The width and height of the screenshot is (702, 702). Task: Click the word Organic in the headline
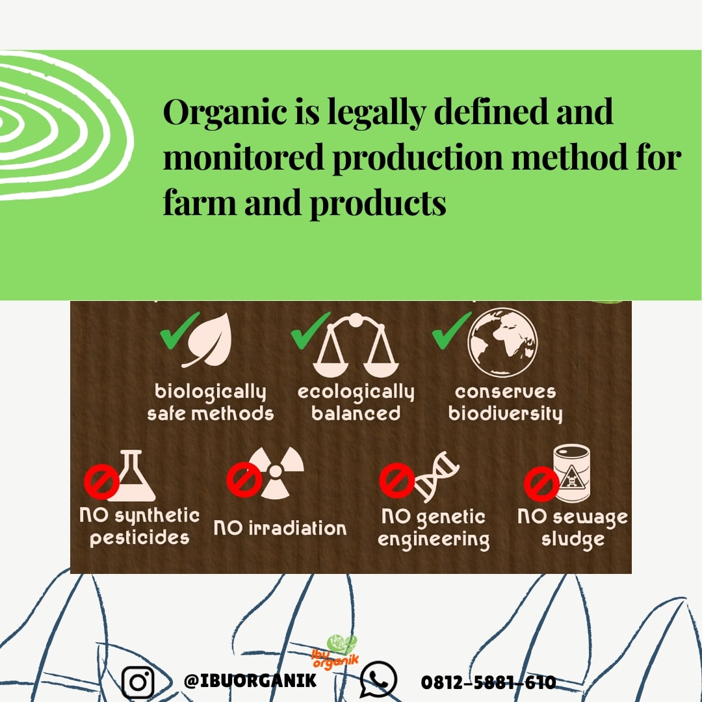[x=225, y=112]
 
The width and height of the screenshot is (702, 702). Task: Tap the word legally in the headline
[x=376, y=113]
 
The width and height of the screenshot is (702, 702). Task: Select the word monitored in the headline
[x=243, y=157]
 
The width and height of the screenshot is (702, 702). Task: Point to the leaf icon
[x=208, y=340]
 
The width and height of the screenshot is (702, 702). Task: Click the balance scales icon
[x=356, y=345]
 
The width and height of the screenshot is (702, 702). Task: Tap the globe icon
[x=502, y=343]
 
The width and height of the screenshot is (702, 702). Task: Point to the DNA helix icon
[x=436, y=476]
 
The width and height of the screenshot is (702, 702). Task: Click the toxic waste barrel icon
[x=572, y=474]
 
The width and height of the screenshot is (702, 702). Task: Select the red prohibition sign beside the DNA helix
[x=396, y=480]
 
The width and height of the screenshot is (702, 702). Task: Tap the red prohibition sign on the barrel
[x=541, y=484]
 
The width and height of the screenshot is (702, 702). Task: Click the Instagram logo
[x=138, y=682]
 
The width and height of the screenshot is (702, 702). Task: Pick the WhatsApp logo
[x=379, y=680]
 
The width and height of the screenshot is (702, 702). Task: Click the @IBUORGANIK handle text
[x=250, y=681]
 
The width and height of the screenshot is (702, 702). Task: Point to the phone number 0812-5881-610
[x=488, y=682]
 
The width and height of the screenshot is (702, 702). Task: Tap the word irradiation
[x=298, y=528]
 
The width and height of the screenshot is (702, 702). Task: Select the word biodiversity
[x=506, y=413]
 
